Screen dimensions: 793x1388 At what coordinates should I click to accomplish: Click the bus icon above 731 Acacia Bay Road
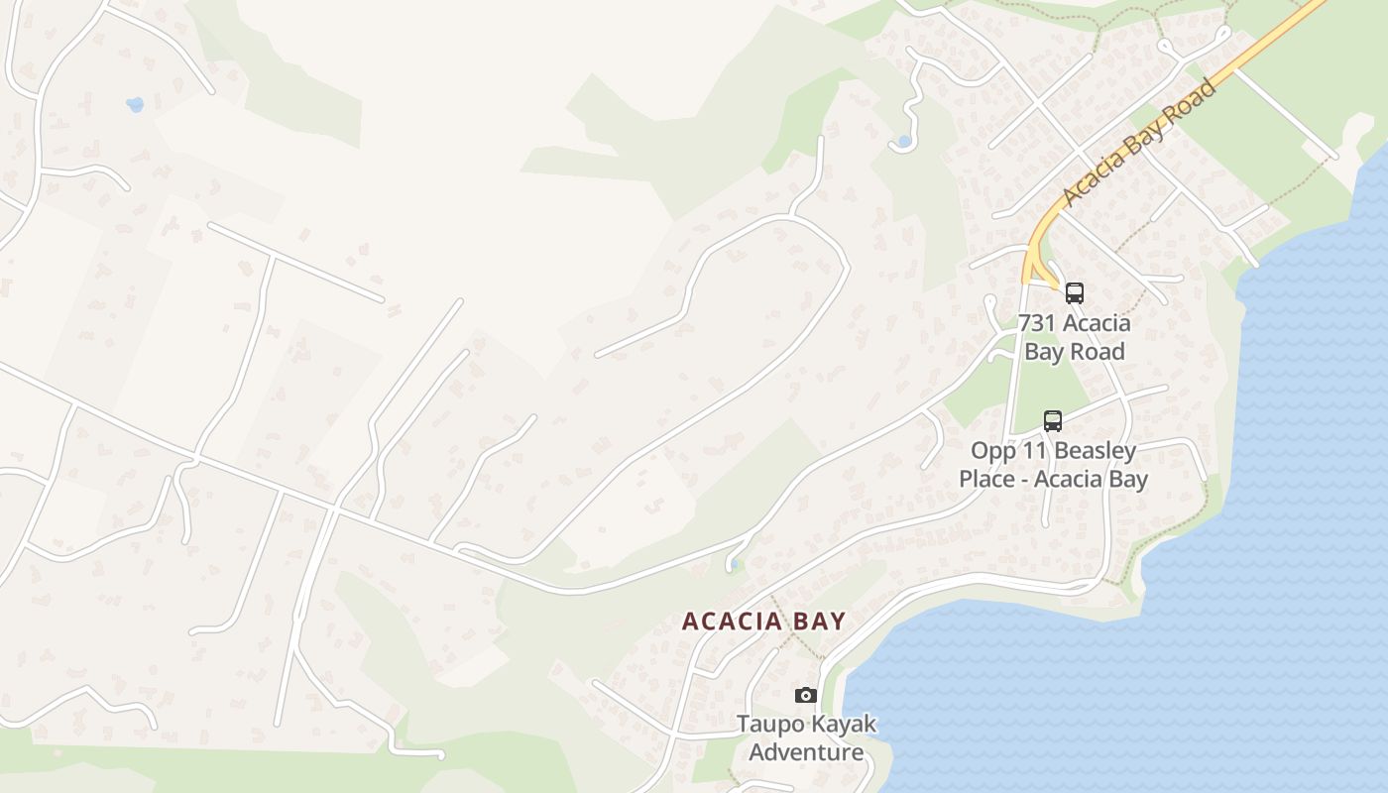click(1075, 293)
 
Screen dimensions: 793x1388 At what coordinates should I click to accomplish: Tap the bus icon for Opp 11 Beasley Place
click(1053, 421)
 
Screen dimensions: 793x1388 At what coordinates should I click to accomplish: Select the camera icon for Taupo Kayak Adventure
click(806, 696)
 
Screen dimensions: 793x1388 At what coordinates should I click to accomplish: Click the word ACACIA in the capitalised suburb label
click(732, 622)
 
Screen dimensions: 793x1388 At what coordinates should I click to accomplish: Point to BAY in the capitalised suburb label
click(819, 622)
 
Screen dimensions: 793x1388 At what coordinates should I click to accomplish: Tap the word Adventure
click(806, 752)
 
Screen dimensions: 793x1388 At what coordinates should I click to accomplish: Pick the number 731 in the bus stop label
click(1039, 323)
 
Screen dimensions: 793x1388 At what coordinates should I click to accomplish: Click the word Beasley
click(1097, 451)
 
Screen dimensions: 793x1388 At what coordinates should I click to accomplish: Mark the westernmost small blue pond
click(135, 104)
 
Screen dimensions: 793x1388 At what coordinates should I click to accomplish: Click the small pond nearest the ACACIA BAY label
click(732, 565)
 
